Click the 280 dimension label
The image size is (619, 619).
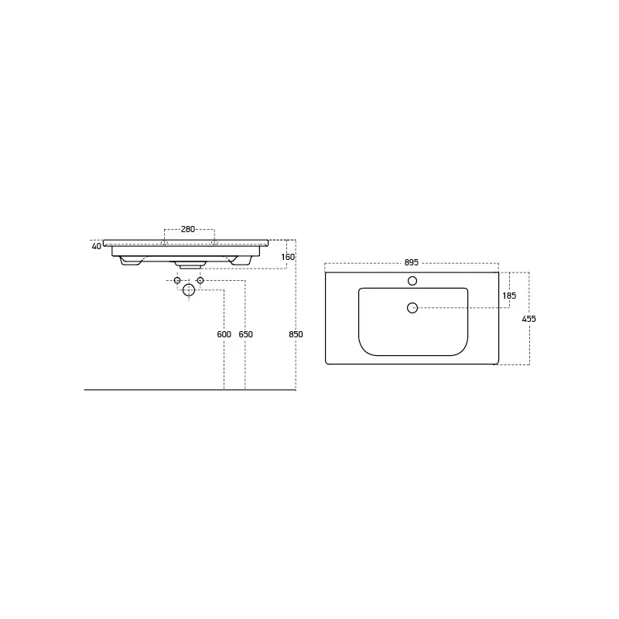click(x=188, y=229)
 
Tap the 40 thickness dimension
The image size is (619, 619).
click(x=96, y=246)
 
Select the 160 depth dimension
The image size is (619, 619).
click(x=288, y=257)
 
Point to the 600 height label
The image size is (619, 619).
click(x=224, y=334)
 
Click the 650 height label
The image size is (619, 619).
click(x=245, y=334)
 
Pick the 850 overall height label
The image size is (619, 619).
click(x=296, y=334)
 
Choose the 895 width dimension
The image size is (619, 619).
click(x=412, y=263)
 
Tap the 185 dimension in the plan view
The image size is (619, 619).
click(x=509, y=296)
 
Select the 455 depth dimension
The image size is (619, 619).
click(x=529, y=319)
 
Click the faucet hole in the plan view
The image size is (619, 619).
click(x=412, y=281)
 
